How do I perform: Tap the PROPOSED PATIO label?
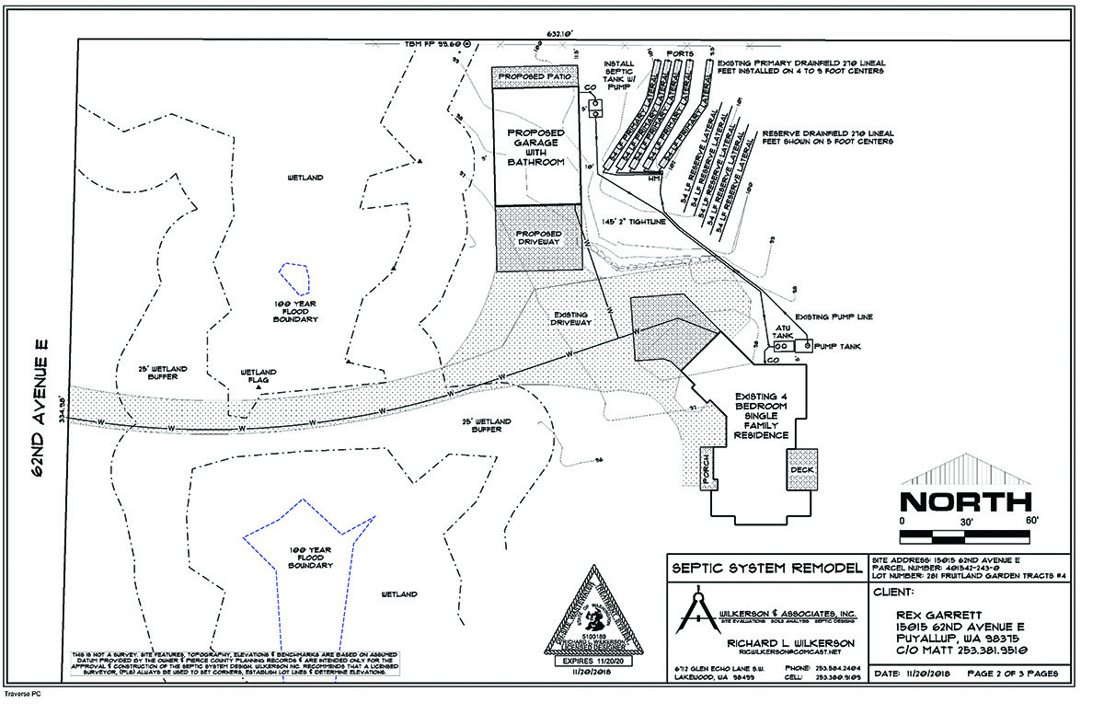tap(535, 77)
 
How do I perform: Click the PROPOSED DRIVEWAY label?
tap(538, 239)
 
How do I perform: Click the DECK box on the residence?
tap(801, 468)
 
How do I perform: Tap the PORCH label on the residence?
tap(707, 467)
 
